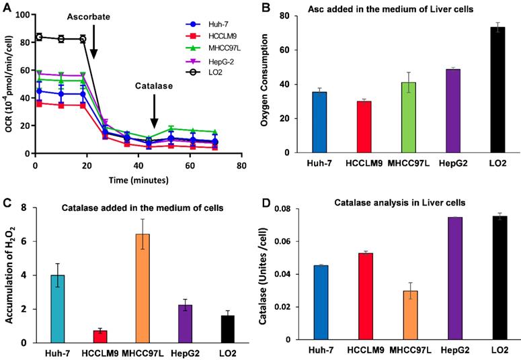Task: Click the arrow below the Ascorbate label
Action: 93,46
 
